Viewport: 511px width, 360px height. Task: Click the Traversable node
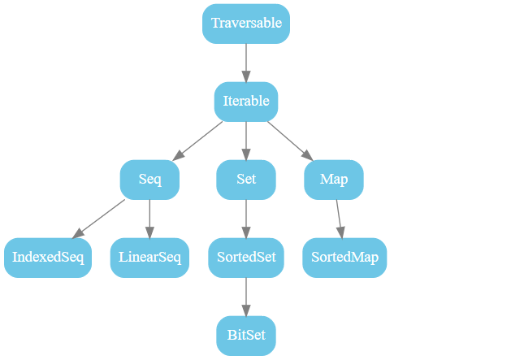246,24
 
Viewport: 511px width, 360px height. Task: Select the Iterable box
246,102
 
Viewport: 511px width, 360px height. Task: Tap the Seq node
149,180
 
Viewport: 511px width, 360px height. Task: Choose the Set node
246,180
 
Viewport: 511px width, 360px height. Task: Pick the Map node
334,180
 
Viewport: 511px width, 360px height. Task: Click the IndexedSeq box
48,258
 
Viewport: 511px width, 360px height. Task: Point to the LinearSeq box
149,258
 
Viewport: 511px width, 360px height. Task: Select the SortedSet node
246,258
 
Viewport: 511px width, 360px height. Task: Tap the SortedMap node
345,258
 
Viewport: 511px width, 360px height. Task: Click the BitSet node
246,336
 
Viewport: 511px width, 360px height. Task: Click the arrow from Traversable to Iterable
246,62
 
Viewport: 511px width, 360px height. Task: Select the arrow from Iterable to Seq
197,141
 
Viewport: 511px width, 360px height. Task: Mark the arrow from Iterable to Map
290,141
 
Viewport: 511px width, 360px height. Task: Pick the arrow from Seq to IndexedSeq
99,219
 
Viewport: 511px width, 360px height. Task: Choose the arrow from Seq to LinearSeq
149,218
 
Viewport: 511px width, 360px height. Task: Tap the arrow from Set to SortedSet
246,218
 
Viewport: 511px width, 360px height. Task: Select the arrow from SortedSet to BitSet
246,296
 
